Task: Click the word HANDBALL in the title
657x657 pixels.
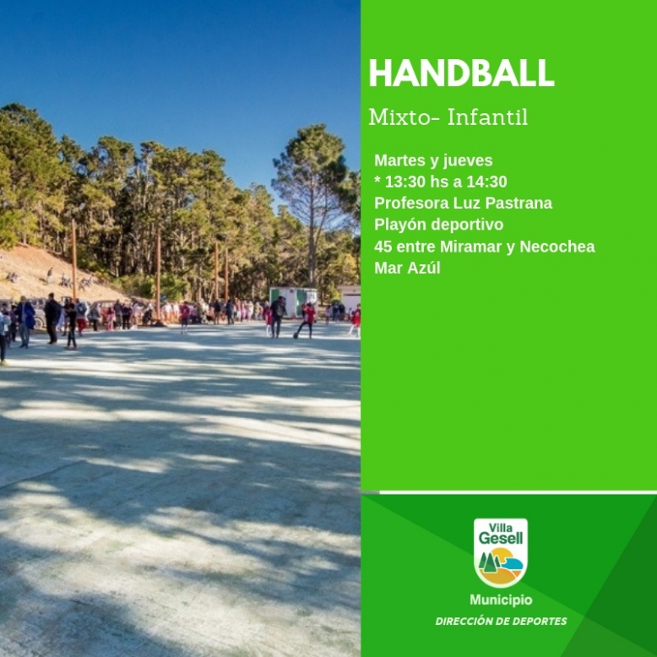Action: click(x=461, y=73)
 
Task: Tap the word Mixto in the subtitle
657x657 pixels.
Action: click(x=399, y=117)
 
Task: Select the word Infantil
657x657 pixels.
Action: click(x=488, y=117)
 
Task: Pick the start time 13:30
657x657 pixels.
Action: click(x=405, y=182)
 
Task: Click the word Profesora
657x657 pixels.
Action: click(x=411, y=204)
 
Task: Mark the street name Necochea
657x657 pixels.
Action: click(x=557, y=247)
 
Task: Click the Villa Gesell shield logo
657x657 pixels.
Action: click(x=501, y=552)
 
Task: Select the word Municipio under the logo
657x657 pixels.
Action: click(x=501, y=600)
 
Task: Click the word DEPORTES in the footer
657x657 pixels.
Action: click(x=542, y=622)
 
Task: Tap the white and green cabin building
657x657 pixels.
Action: click(x=294, y=301)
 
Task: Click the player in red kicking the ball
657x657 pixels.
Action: click(x=307, y=322)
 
